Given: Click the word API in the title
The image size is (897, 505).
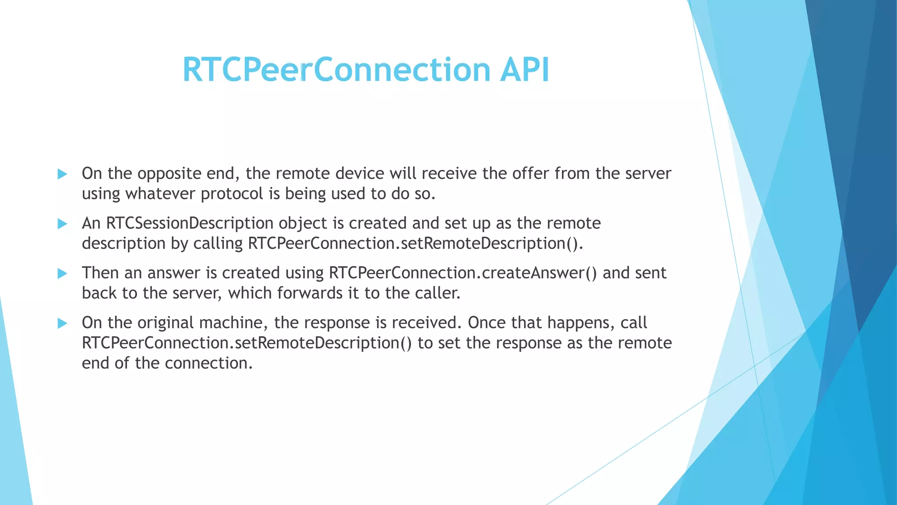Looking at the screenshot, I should tap(524, 70).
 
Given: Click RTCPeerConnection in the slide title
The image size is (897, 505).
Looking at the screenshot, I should tap(336, 70).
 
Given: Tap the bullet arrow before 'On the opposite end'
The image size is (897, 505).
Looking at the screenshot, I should tap(62, 174).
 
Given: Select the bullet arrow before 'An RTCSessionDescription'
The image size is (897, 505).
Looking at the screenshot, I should tap(62, 224).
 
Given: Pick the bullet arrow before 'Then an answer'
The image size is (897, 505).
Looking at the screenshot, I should tap(62, 274).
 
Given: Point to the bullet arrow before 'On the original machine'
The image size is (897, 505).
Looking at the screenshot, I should tap(62, 324).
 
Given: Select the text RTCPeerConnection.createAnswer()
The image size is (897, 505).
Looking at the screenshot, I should tap(463, 273).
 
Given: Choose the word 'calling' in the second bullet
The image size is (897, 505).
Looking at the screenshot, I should tap(218, 244).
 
